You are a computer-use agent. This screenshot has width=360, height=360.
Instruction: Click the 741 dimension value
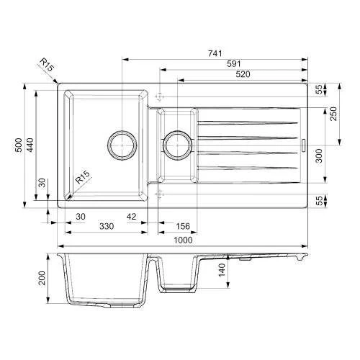215,53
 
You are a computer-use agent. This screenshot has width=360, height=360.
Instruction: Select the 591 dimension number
234,64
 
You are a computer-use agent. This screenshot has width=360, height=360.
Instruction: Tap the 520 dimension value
243,74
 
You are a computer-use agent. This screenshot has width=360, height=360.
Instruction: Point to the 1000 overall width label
183,240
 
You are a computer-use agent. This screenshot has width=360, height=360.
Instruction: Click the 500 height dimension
19,145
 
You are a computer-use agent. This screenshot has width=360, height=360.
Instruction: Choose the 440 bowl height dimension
30,145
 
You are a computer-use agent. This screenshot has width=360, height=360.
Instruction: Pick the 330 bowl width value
107,226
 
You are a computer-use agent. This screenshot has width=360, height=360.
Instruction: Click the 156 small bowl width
183,226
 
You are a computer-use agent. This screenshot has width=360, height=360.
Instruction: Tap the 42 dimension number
132,217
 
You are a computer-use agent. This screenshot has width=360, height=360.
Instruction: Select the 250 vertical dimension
333,114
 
